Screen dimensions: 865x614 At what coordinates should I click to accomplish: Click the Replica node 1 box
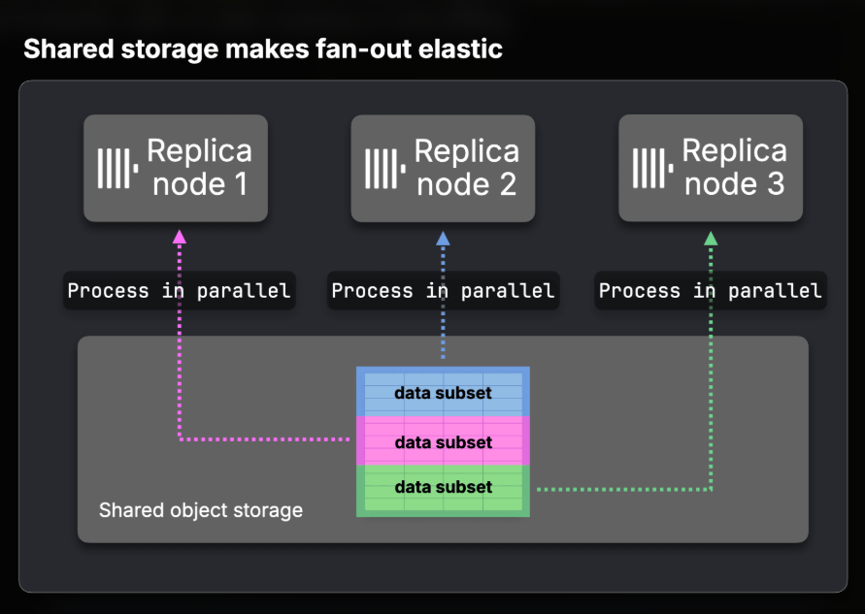tap(176, 168)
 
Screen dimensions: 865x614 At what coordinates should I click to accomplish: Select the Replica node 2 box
tap(443, 168)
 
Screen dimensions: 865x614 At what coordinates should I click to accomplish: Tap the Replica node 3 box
tap(711, 168)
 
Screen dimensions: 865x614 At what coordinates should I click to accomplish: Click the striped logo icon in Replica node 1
tap(117, 168)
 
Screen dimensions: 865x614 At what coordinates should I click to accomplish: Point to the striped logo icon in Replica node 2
tap(385, 168)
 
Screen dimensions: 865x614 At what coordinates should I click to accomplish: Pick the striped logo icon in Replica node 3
tap(652, 168)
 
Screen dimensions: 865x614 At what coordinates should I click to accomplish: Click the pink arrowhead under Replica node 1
tap(180, 237)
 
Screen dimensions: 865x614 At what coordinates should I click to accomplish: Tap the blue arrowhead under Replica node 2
tap(443, 238)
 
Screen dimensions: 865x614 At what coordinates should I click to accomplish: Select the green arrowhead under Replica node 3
tap(711, 238)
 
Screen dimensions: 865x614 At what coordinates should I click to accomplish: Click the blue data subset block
tap(443, 392)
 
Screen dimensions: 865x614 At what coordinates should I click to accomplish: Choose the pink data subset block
tap(443, 441)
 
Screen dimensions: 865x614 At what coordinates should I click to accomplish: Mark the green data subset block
tap(443, 491)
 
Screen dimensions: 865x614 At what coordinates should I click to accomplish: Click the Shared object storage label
tap(201, 510)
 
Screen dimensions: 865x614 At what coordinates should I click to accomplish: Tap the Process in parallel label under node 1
tap(180, 290)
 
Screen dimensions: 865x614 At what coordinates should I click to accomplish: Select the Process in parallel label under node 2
tap(443, 290)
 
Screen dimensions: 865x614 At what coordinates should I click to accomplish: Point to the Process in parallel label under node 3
tap(711, 290)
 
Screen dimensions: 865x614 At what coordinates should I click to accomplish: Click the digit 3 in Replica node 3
tap(776, 183)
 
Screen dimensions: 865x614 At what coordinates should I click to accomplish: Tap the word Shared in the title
tap(69, 48)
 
